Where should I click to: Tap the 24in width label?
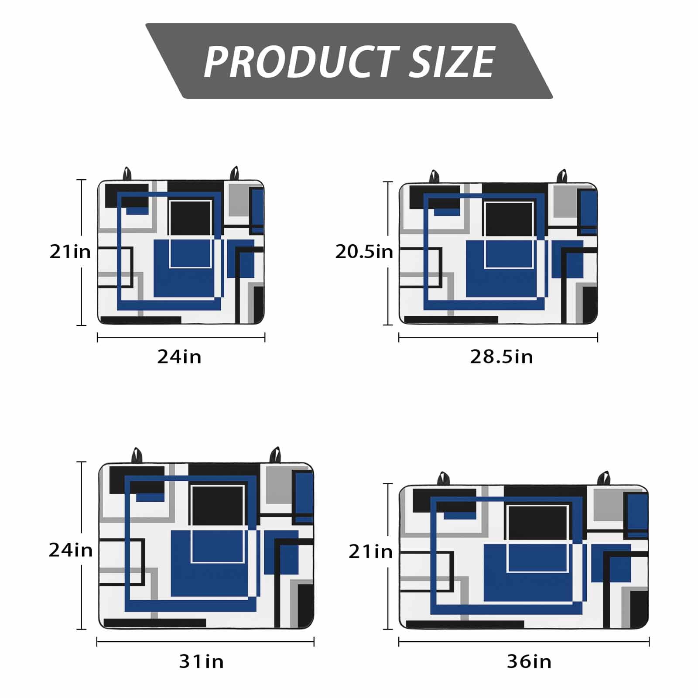(179, 357)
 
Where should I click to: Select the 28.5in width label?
(501, 357)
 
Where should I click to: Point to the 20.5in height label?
(364, 252)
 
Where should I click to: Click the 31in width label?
(201, 662)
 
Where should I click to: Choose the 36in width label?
(529, 662)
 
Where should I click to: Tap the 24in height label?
(71, 551)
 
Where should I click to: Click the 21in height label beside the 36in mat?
(370, 552)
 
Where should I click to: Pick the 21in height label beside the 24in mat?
(70, 252)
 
